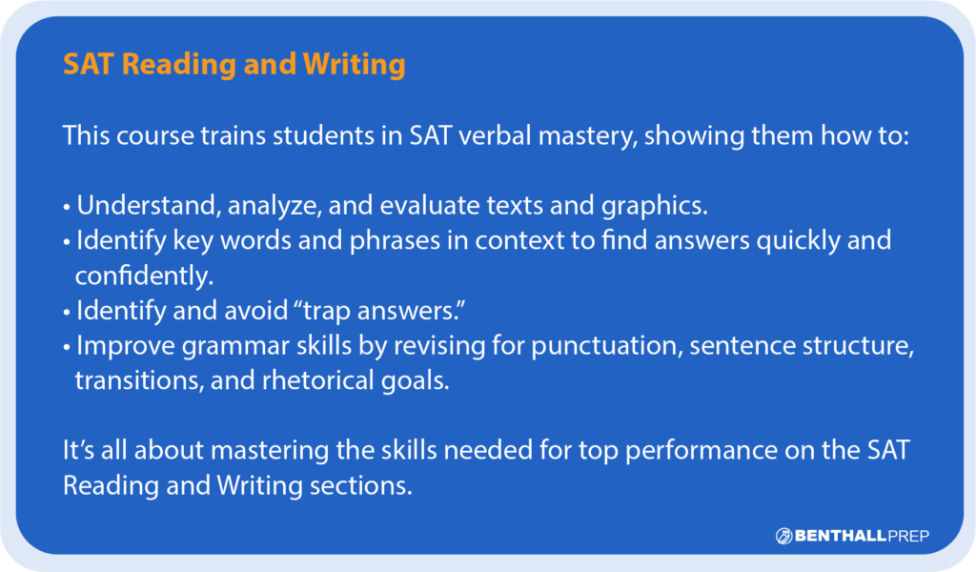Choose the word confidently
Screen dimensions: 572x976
click(x=143, y=276)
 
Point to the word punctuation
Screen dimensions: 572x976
click(x=602, y=347)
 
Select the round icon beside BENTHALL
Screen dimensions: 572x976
click(x=784, y=537)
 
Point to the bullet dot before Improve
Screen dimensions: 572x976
click(x=68, y=348)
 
